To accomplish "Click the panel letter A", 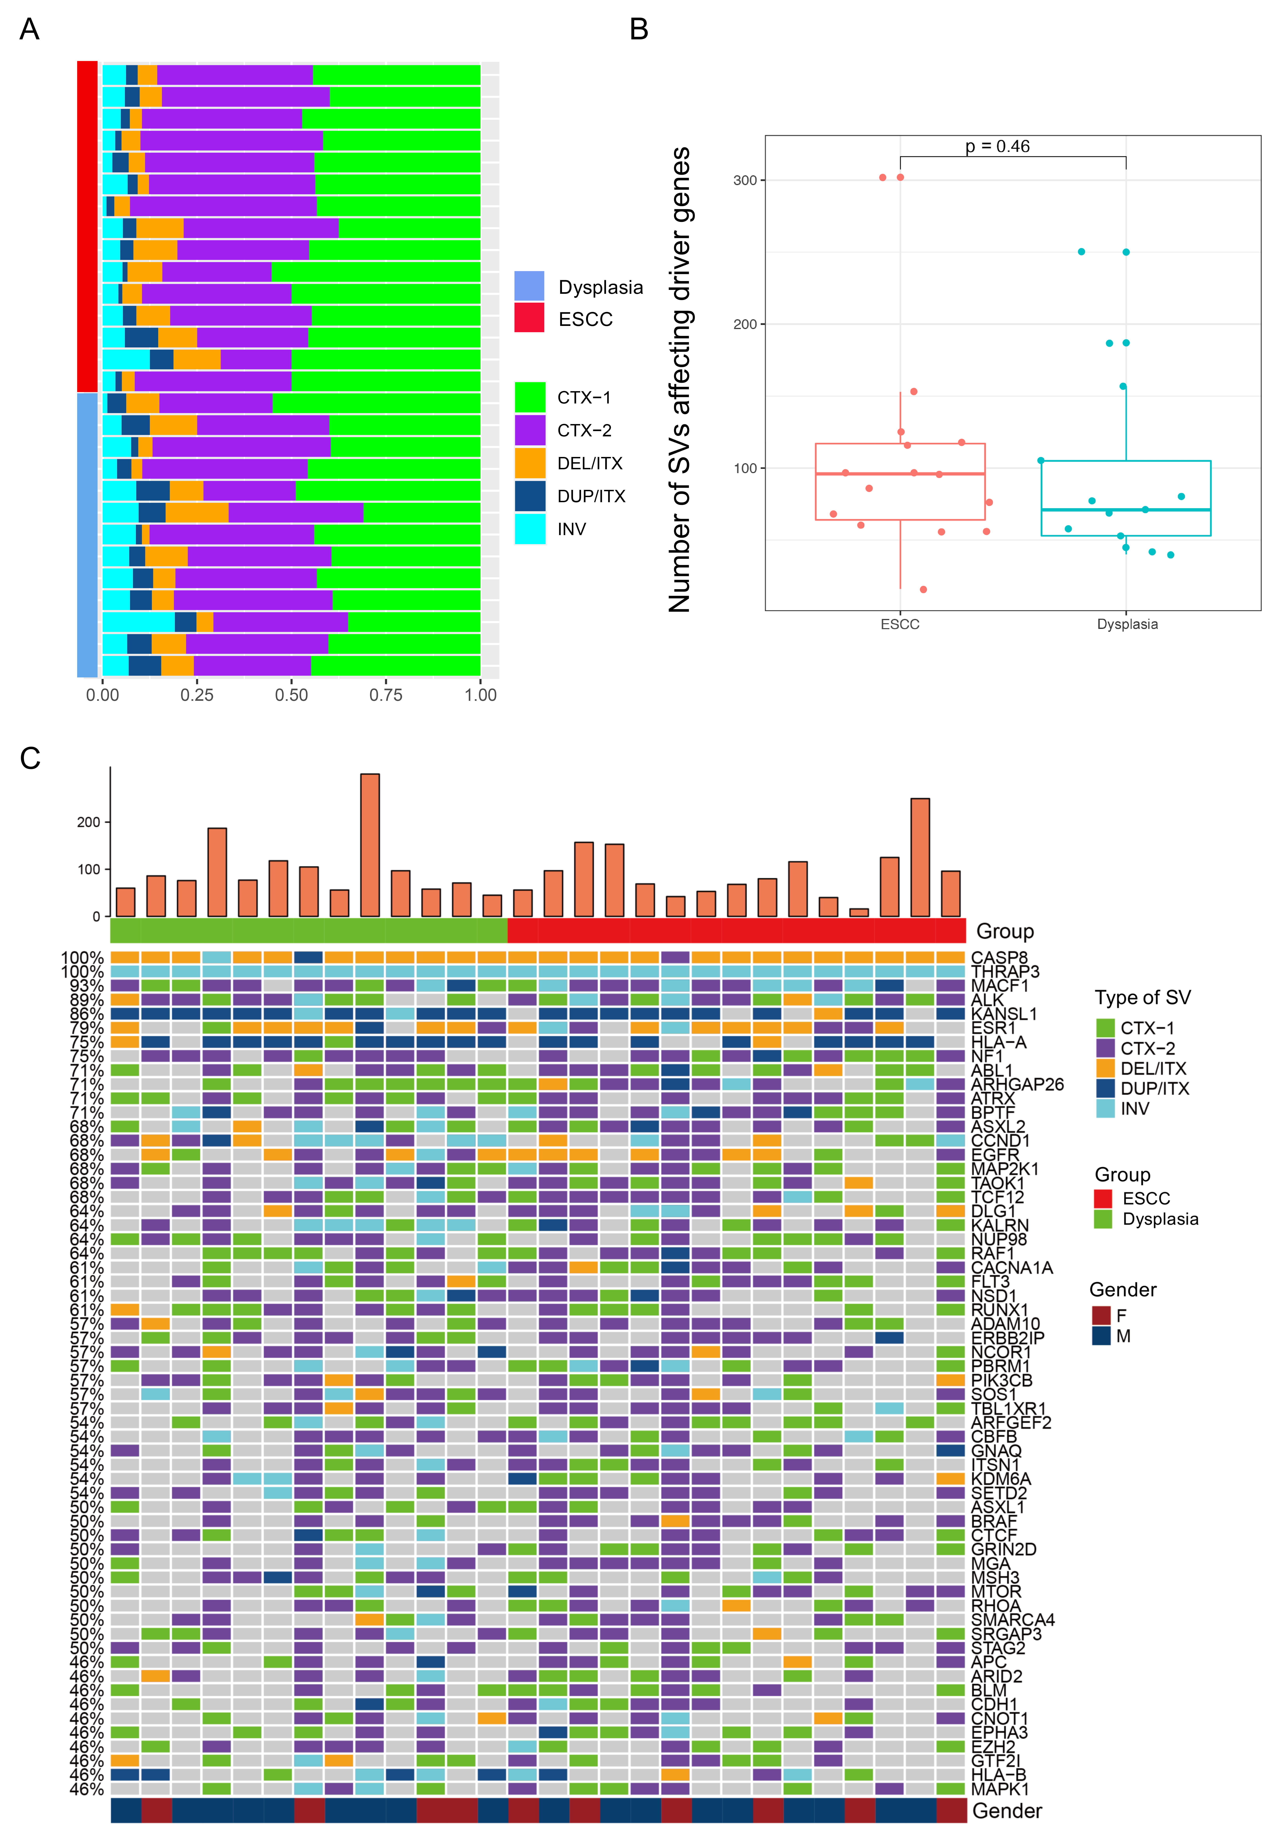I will click(x=29, y=29).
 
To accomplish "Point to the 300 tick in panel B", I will click(x=745, y=180).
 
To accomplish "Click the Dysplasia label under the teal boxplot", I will click(x=1127, y=624).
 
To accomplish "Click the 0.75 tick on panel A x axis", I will click(x=386, y=695).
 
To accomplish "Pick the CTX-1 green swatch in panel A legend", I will click(x=530, y=396).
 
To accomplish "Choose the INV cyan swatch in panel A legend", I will click(x=530, y=529).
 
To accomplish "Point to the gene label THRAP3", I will click(x=1004, y=971).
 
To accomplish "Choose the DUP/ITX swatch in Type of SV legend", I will click(x=1105, y=1088).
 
